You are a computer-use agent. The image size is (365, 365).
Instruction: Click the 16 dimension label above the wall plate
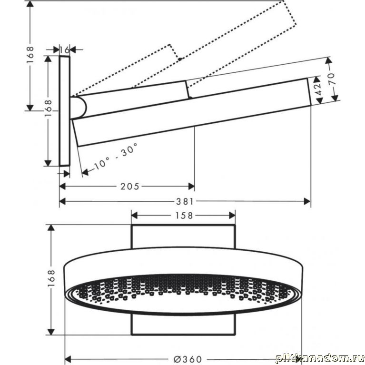click(64, 49)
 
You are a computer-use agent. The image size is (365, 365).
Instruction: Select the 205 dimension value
click(130, 186)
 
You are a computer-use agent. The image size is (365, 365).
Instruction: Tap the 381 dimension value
click(185, 201)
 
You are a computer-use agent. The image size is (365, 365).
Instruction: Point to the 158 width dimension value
click(184, 216)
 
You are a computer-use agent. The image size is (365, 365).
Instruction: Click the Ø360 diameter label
click(187, 359)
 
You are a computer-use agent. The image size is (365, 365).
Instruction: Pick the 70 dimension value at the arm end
click(332, 79)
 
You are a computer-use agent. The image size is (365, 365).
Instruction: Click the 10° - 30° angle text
click(116, 156)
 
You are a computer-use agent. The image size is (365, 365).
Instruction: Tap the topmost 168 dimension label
click(30, 55)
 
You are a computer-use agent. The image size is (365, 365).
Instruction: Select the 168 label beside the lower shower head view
click(51, 278)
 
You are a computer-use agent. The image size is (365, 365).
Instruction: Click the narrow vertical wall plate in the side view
click(64, 111)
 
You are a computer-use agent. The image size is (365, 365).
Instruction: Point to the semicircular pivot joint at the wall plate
click(79, 108)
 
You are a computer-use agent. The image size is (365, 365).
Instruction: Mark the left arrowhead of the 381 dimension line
click(62, 201)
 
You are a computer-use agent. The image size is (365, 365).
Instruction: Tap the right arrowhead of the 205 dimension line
click(191, 186)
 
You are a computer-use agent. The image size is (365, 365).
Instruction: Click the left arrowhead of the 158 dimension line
click(134, 216)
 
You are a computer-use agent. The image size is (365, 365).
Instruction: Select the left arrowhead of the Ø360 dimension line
click(68, 359)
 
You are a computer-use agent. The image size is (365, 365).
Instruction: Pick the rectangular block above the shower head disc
click(183, 236)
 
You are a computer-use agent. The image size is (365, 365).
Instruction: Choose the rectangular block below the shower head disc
click(183, 325)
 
